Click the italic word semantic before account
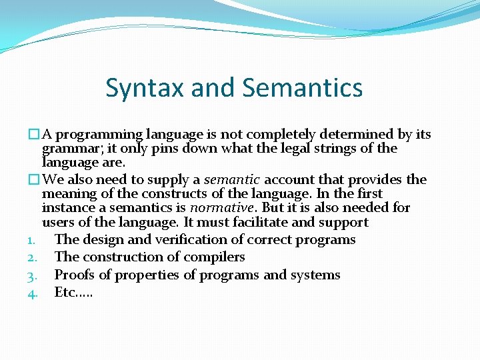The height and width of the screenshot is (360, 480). pos(232,180)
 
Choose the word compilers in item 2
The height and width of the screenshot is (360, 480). pos(215,257)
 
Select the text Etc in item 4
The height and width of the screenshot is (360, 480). pos(65,292)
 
